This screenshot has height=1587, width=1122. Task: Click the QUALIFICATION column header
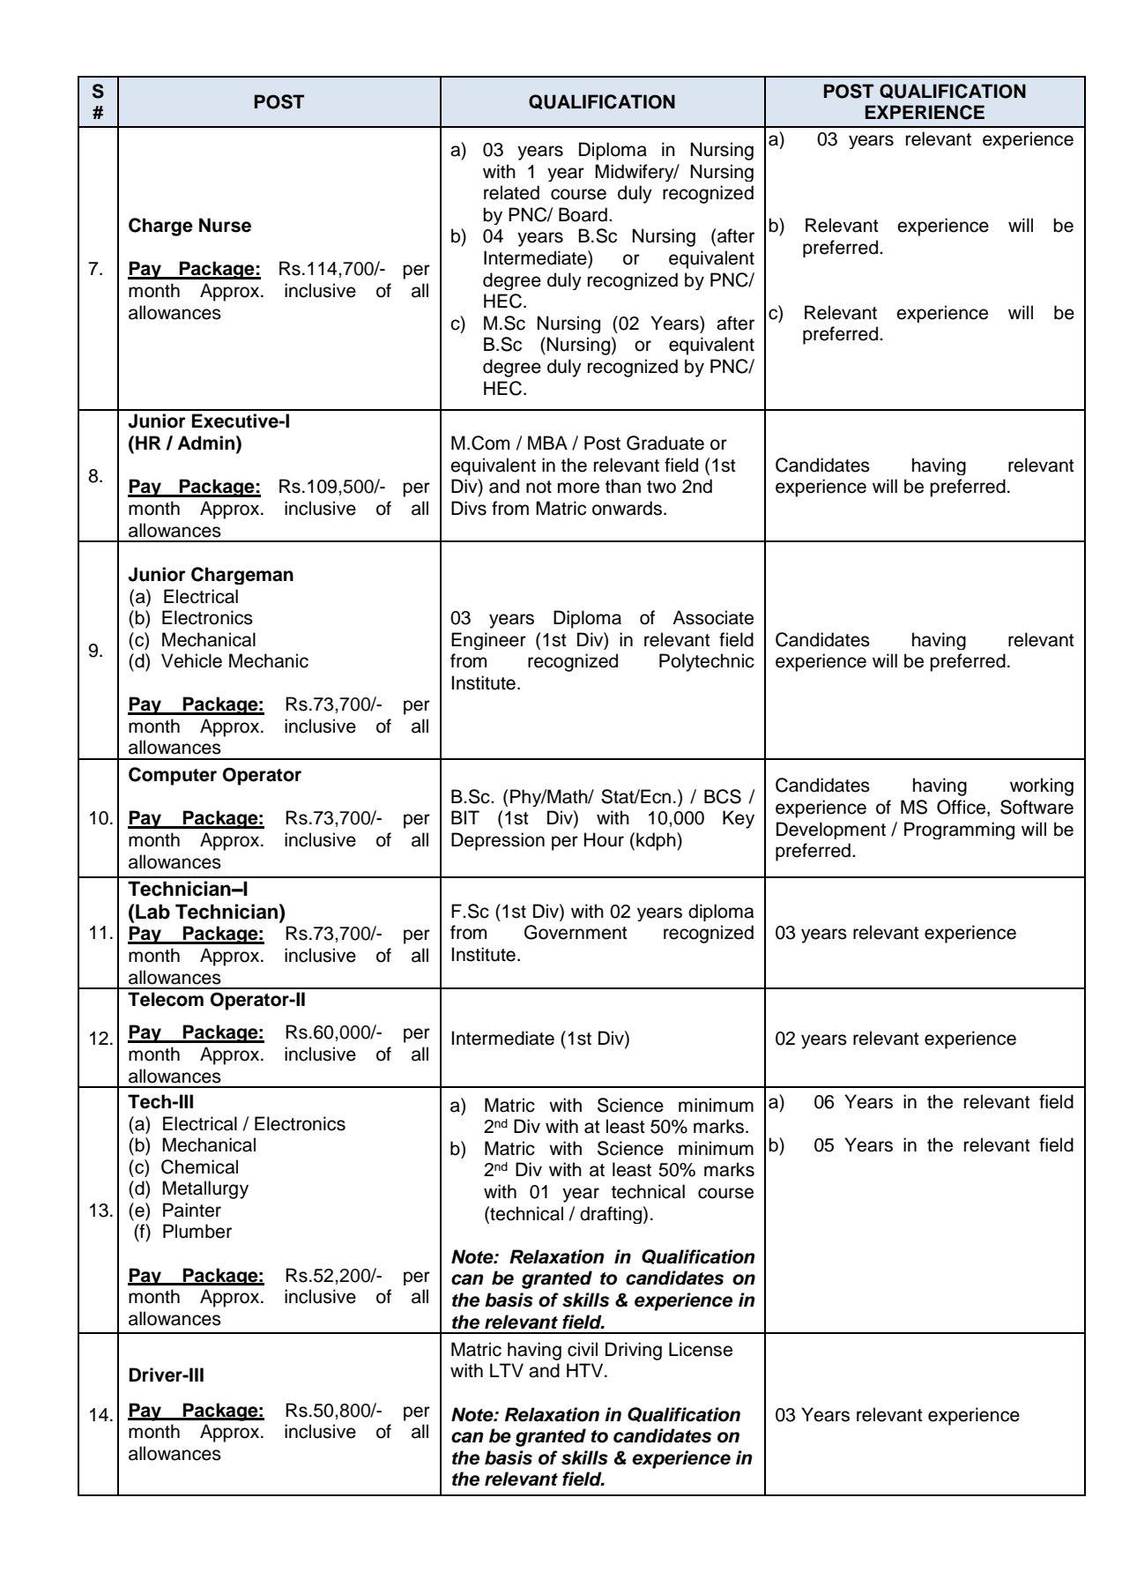pos(602,102)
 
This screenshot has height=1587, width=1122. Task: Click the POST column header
pos(279,102)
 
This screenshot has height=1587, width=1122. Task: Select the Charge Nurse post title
pos(189,226)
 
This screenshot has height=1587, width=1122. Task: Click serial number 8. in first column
pos(95,476)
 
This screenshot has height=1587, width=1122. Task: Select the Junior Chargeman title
pos(211,575)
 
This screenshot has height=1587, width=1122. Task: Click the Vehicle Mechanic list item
pos(234,661)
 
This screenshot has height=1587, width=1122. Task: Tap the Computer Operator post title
pos(214,775)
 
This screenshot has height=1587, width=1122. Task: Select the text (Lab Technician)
pos(206,912)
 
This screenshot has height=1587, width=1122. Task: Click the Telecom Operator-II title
pos(217,1000)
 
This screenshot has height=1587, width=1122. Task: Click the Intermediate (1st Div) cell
pos(539,1039)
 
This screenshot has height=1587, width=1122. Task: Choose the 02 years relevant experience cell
pos(895,1039)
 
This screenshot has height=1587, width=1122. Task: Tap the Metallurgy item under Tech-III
pos(204,1188)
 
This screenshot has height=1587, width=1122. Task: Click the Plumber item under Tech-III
pos(197,1232)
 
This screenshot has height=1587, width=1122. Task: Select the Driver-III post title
pos(166,1375)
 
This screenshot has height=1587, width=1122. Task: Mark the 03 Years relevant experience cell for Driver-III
pos(896,1415)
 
